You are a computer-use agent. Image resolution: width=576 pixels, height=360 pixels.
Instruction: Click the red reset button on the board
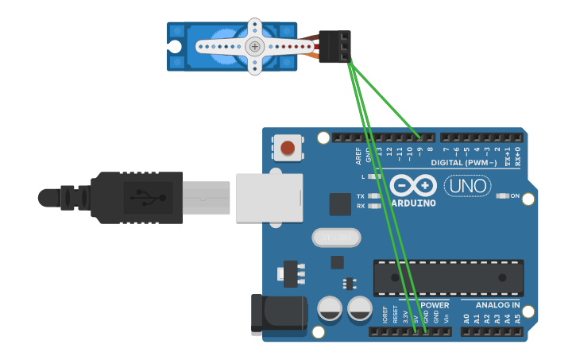click(287, 147)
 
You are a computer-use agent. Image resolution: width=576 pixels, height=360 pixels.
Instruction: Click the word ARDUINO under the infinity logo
click(413, 203)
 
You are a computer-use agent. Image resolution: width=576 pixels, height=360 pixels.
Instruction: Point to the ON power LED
click(503, 195)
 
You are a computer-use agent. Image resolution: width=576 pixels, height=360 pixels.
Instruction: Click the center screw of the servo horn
click(254, 46)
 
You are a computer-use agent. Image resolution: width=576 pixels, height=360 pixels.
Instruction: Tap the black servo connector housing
click(334, 46)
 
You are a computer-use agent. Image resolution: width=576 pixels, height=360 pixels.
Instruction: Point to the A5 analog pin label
click(518, 318)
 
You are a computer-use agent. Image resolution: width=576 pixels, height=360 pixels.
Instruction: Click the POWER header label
click(435, 305)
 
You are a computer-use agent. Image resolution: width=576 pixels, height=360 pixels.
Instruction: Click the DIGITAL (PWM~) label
click(465, 163)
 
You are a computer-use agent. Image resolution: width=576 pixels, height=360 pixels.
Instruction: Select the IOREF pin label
click(385, 315)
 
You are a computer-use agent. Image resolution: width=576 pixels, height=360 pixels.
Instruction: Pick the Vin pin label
click(446, 318)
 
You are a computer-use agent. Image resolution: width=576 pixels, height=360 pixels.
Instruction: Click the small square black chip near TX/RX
click(340, 204)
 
